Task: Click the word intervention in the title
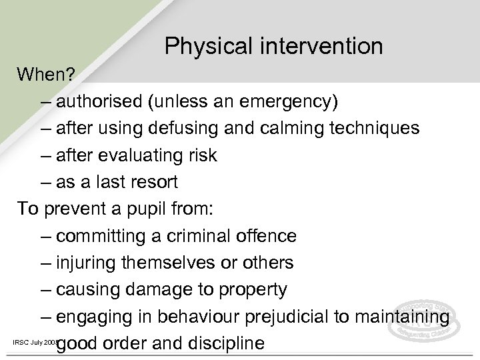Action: (x=317, y=47)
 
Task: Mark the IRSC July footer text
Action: (x=31, y=342)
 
